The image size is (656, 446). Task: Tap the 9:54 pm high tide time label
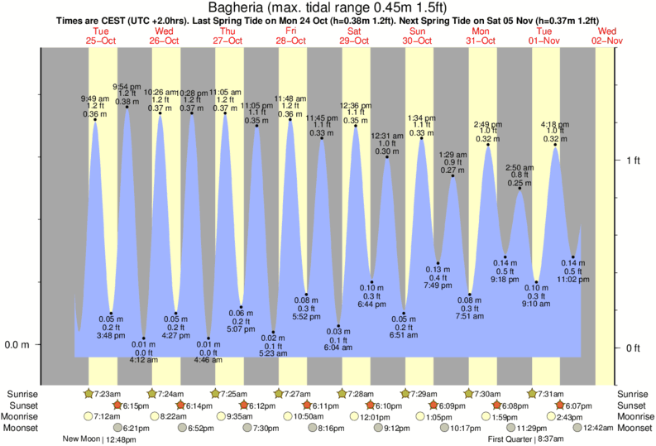click(127, 86)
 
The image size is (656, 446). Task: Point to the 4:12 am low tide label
click(143, 360)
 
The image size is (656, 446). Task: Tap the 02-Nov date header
click(609, 40)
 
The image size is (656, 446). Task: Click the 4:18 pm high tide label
click(555, 124)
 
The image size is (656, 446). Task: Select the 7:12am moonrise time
click(106, 416)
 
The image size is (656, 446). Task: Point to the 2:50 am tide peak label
click(520, 167)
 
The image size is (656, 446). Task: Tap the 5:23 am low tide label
click(273, 353)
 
